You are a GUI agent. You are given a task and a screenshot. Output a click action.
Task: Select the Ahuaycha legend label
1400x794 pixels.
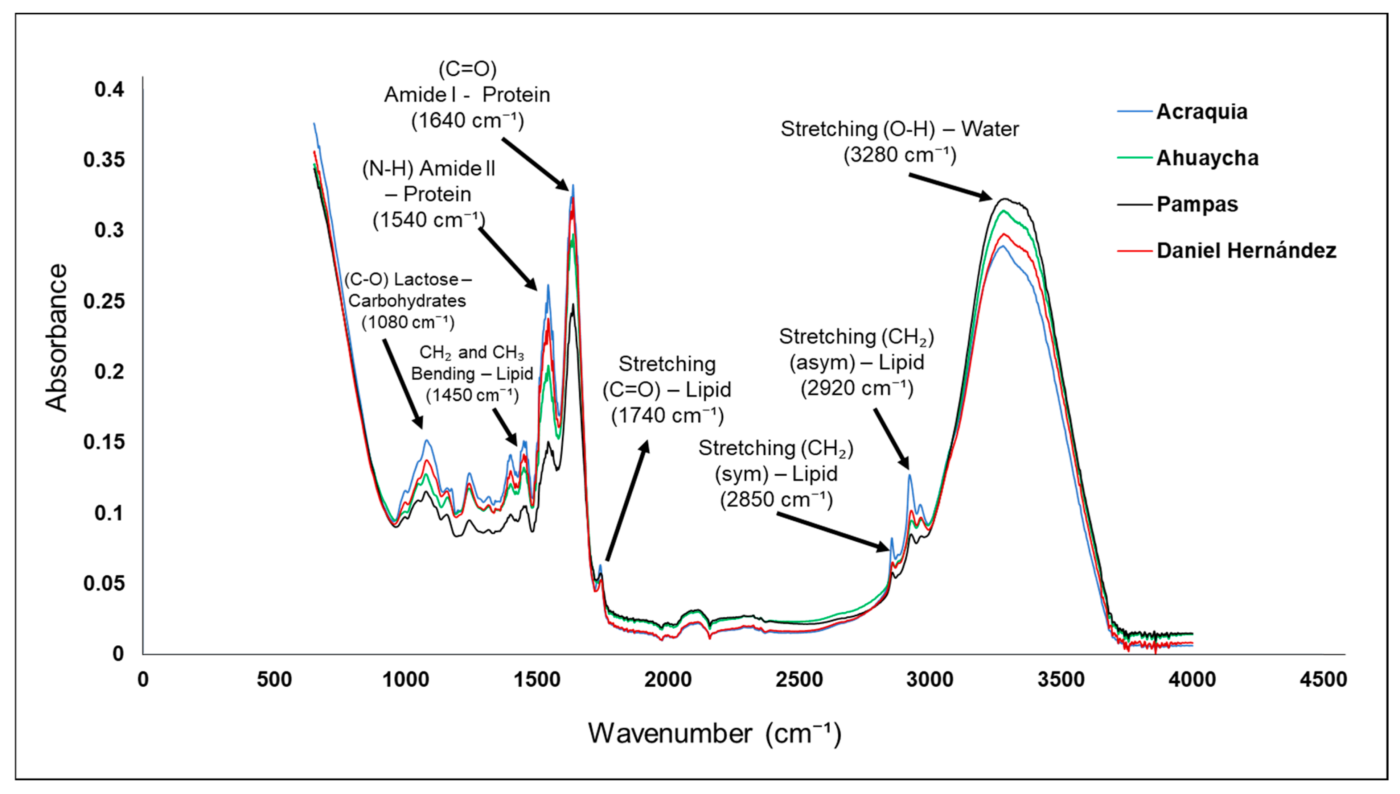1207,158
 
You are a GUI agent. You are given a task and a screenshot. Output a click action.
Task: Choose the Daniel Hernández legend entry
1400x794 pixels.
1246,251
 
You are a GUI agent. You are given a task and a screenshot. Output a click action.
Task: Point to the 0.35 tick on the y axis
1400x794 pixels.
104,160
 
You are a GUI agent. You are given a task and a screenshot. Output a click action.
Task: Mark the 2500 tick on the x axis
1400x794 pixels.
799,679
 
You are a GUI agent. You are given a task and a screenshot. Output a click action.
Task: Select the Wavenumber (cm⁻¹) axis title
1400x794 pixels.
714,733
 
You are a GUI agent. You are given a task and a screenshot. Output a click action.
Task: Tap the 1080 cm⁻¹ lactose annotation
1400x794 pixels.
407,301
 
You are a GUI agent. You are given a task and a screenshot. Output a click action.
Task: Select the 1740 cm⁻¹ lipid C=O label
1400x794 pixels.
667,390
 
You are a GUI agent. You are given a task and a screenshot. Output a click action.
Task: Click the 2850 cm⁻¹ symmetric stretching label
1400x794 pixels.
776,473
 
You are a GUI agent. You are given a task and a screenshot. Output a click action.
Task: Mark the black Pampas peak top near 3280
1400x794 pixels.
1005,199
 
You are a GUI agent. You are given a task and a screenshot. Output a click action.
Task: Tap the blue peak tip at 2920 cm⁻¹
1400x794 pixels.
910,476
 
